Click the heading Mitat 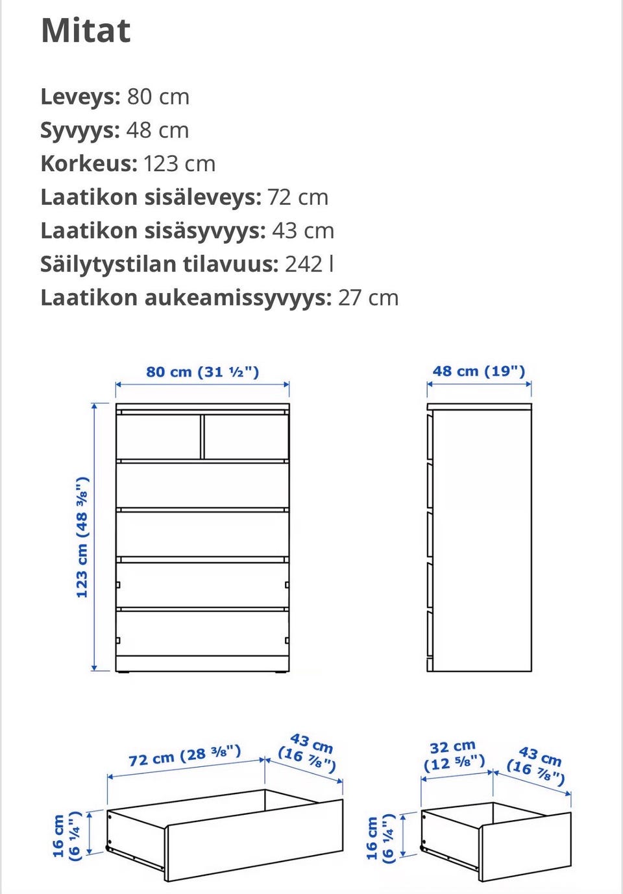tap(86, 30)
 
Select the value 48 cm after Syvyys tap(157, 130)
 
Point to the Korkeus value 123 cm tap(179, 163)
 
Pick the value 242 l tap(309, 265)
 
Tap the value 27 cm tap(368, 298)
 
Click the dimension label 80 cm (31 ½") tap(202, 372)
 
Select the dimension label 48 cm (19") tap(479, 371)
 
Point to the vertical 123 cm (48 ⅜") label tap(82, 537)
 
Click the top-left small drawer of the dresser tap(158, 436)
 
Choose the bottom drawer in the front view tap(202, 633)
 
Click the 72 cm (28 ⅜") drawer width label tap(185, 756)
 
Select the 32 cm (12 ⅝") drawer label tap(454, 755)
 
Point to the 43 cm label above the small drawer tap(537, 764)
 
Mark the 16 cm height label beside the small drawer tap(380, 838)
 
